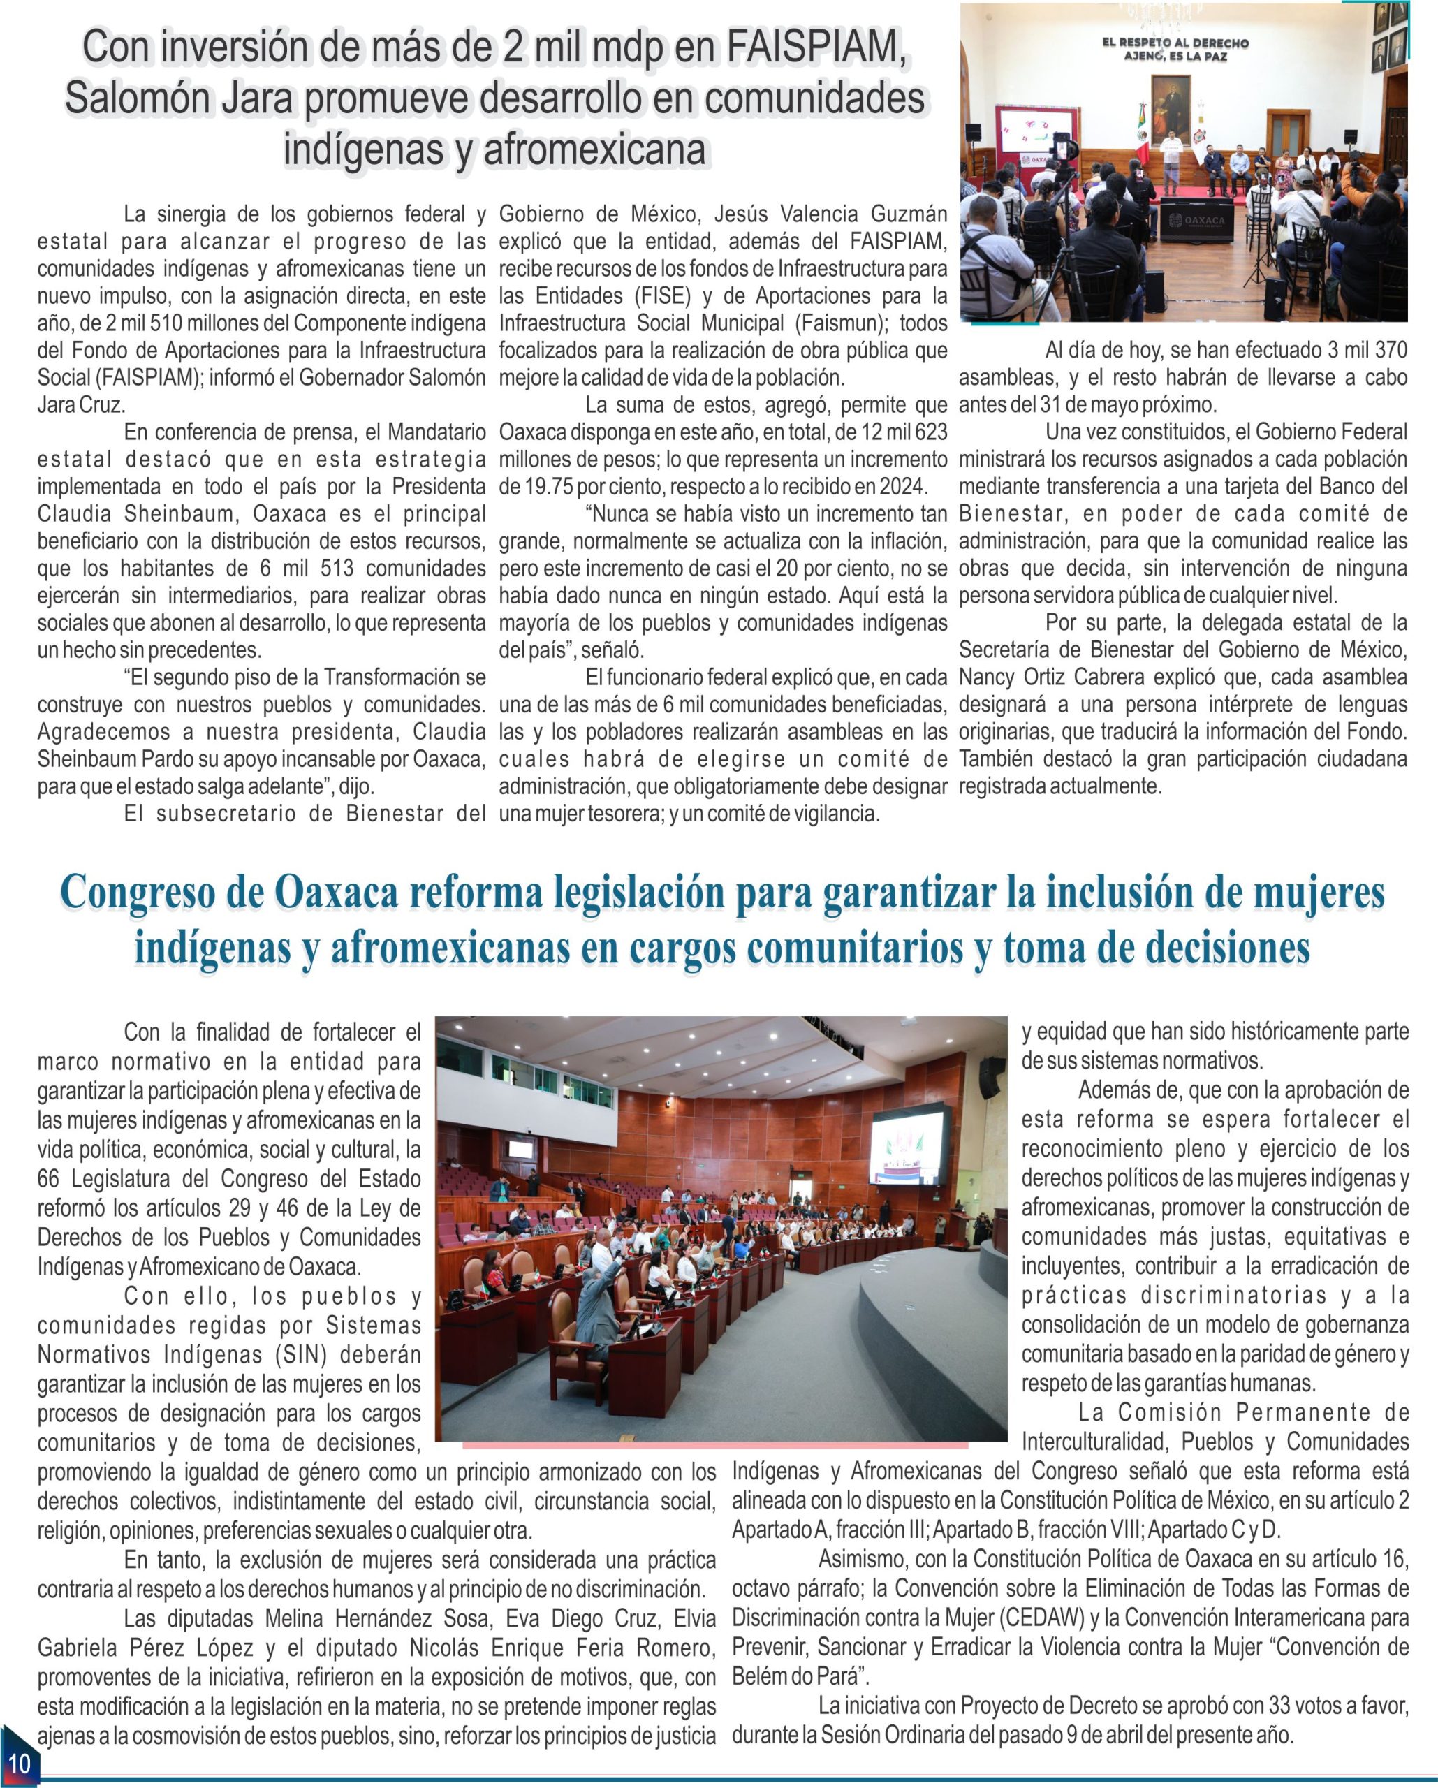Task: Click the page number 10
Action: [x=18, y=1761]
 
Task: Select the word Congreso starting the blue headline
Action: [x=158, y=893]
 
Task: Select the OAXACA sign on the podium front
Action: [x=1194, y=221]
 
